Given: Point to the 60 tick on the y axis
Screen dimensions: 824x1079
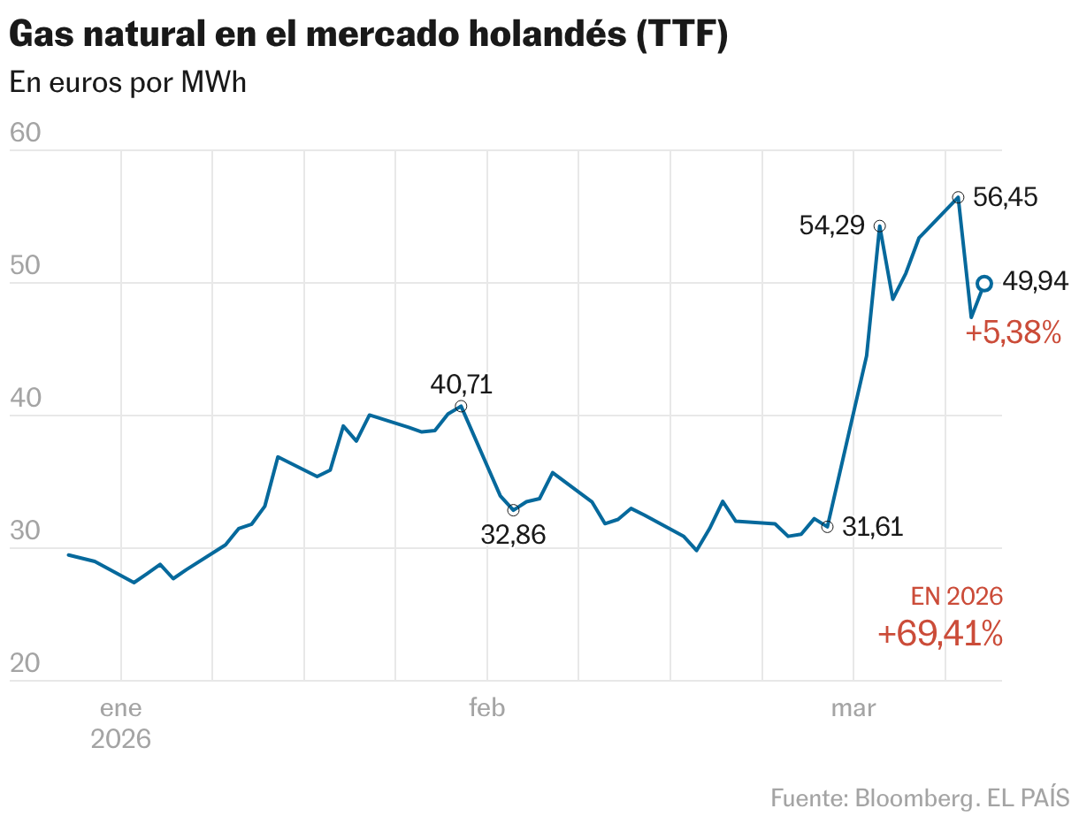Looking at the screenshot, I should pyautogui.click(x=26, y=134).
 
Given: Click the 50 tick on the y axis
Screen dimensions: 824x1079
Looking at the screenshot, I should pyautogui.click(x=26, y=266).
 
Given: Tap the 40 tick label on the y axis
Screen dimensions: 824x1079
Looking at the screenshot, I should pyautogui.click(x=26, y=399).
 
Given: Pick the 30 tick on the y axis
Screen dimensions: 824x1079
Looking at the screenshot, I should pyautogui.click(x=26, y=531).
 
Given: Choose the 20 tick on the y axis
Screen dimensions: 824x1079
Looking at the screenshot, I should pyautogui.click(x=26, y=664).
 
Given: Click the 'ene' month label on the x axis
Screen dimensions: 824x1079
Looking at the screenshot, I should pyautogui.click(x=121, y=708).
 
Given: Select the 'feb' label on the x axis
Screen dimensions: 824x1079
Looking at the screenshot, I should pyautogui.click(x=486, y=708).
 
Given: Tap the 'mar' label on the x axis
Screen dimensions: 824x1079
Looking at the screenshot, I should pyautogui.click(x=853, y=708).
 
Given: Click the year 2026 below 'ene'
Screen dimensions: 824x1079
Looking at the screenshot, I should pyautogui.click(x=121, y=738).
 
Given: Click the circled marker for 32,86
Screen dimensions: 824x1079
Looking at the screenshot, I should pyautogui.click(x=513, y=510).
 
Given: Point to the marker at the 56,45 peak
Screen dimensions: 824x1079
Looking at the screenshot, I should pyautogui.click(x=958, y=197).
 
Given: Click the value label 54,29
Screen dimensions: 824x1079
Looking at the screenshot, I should pyautogui.click(x=831, y=225).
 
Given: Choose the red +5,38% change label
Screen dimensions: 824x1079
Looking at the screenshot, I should pyautogui.click(x=1013, y=333).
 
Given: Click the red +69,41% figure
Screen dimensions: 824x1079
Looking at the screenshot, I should pyautogui.click(x=939, y=633).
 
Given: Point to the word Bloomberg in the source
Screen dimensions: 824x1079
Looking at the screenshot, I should pyautogui.click(x=914, y=797).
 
